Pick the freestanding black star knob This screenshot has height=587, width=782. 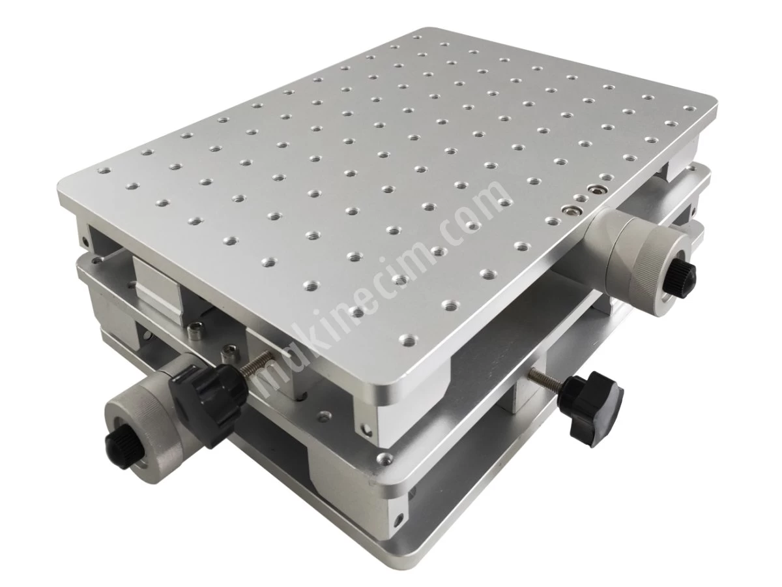[x=592, y=414]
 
